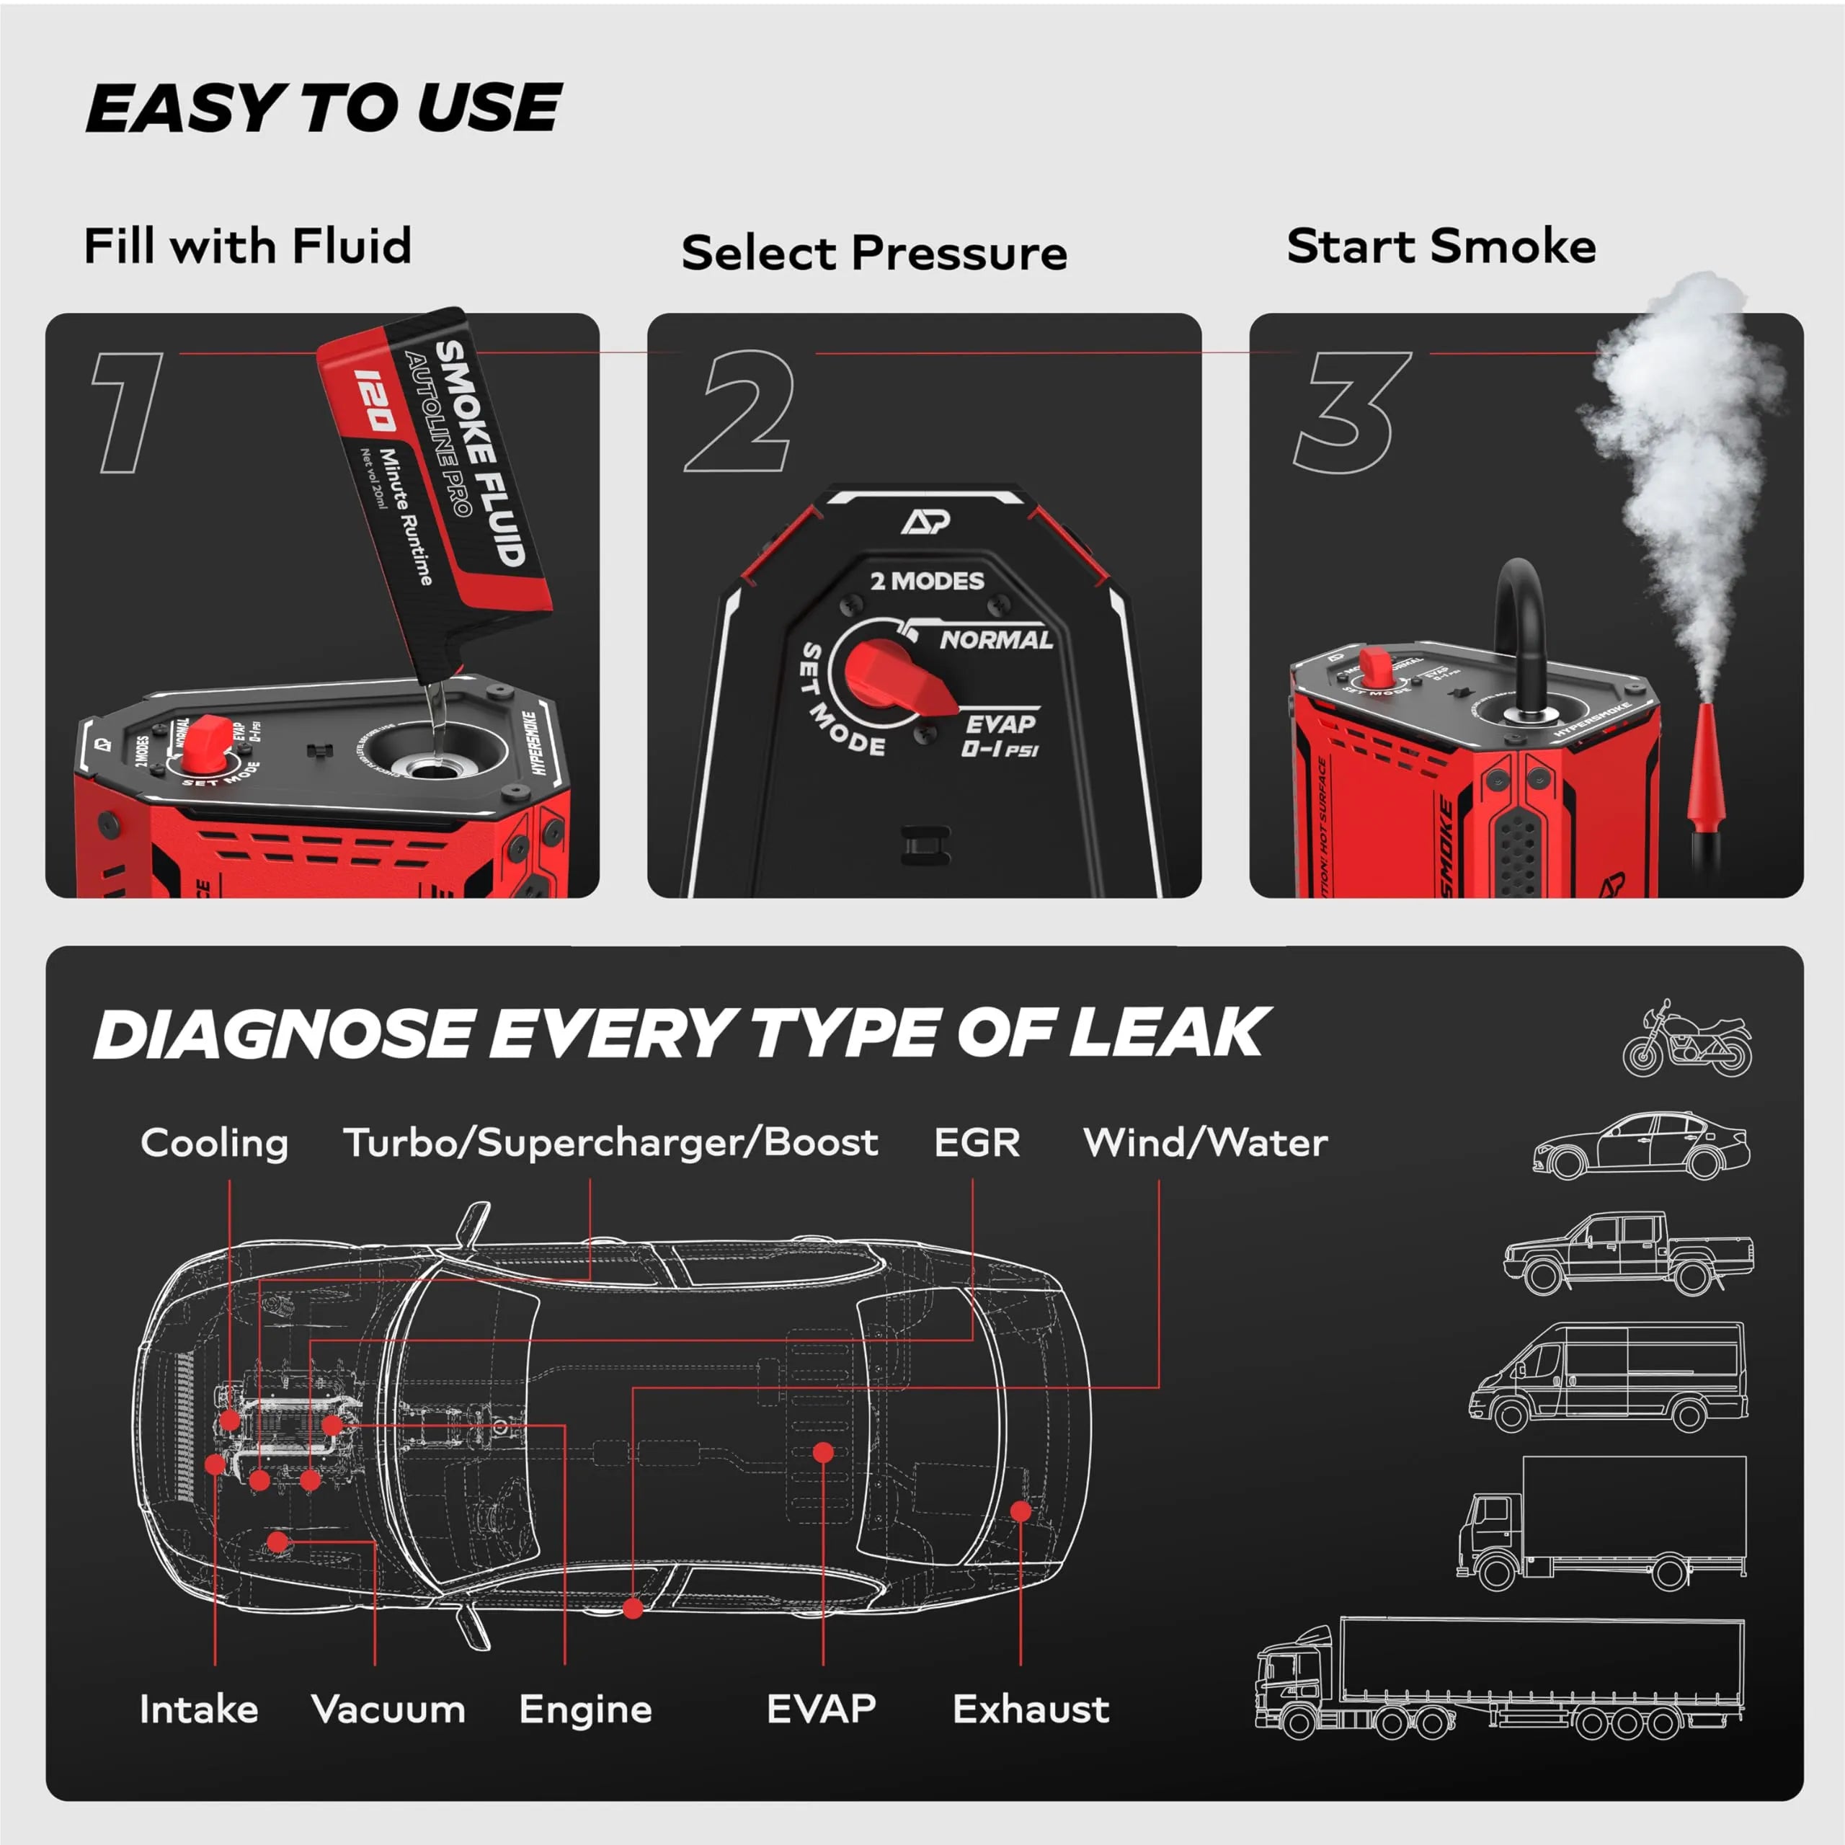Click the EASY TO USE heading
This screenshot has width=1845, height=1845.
[x=323, y=108]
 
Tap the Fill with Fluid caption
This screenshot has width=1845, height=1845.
[x=247, y=246]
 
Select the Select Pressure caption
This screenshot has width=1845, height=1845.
[x=873, y=253]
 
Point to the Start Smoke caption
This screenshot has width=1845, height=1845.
[x=1441, y=246]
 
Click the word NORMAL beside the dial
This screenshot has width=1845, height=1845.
[x=996, y=640]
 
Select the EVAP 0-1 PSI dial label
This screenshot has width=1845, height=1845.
[x=1000, y=735]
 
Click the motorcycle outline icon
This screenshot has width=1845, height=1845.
[x=1687, y=1040]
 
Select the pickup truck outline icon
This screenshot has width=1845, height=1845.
[x=1628, y=1252]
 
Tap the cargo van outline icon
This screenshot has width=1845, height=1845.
[x=1607, y=1376]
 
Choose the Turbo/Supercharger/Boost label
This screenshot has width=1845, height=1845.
[x=611, y=1142]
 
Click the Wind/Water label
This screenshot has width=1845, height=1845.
[x=1205, y=1142]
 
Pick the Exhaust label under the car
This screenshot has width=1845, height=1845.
[x=1031, y=1709]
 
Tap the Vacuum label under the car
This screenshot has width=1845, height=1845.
[x=388, y=1709]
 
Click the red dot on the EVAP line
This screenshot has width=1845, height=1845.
[x=823, y=1452]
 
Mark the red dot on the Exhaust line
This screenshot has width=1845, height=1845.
[x=1021, y=1511]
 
